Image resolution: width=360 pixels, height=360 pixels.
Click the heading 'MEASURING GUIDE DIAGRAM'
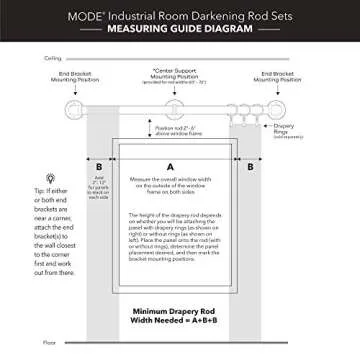tap(179, 30)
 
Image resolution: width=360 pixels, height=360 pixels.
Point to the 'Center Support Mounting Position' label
tap(179, 77)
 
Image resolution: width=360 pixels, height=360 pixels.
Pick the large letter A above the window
tap(171, 164)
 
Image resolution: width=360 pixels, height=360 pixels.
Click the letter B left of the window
tap(98, 167)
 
